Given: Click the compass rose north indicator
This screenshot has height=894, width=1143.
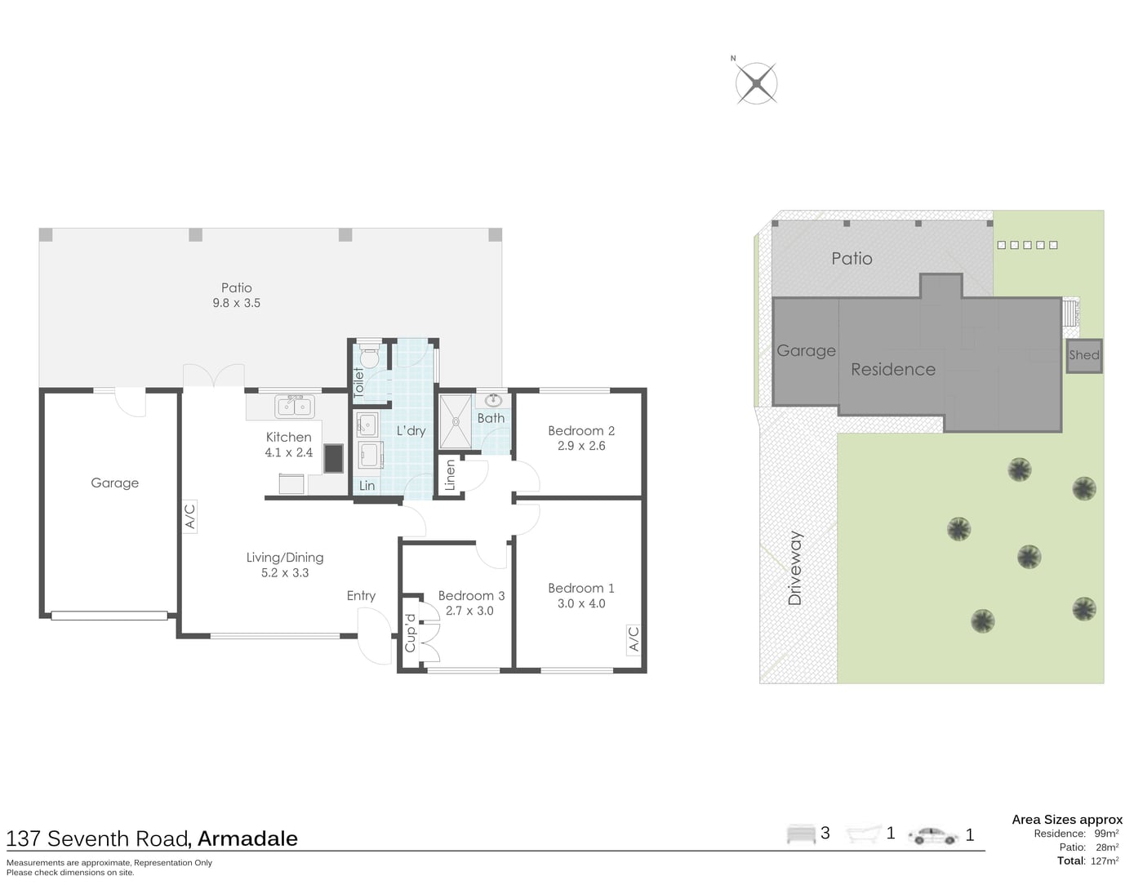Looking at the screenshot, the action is click(x=732, y=58).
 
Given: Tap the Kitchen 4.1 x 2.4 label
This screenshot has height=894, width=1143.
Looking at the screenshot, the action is click(x=289, y=444).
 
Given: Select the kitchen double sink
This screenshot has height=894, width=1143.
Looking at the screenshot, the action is click(x=295, y=407).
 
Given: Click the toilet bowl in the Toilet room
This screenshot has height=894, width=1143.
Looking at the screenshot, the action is click(x=369, y=356).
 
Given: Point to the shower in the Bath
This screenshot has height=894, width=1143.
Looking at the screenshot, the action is click(x=456, y=422).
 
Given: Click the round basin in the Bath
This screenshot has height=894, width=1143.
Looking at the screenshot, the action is click(x=493, y=401).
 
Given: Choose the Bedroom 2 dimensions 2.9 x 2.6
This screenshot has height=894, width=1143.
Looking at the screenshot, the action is click(x=581, y=446).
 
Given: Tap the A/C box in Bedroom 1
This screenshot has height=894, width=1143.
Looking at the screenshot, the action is click(x=634, y=640).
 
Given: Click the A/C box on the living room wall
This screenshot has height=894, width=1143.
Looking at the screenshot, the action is click(x=190, y=517).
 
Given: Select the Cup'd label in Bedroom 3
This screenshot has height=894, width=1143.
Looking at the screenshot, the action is click(x=411, y=634).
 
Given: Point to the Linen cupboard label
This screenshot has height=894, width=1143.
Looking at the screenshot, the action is click(x=450, y=475).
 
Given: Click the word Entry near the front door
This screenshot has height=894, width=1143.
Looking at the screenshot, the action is click(x=361, y=595).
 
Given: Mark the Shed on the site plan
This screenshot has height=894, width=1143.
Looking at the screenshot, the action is click(x=1084, y=355).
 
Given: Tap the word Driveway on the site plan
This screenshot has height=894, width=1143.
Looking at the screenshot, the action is click(x=794, y=568).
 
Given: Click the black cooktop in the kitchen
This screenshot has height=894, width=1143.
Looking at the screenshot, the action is click(x=333, y=459).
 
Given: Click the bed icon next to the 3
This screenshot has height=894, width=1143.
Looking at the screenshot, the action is click(x=801, y=834).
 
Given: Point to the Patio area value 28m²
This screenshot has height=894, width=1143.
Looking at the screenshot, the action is click(x=1107, y=847).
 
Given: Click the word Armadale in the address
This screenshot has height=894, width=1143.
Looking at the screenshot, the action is click(x=247, y=838).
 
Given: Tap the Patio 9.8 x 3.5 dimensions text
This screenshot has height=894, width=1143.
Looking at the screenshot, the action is click(x=236, y=303).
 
